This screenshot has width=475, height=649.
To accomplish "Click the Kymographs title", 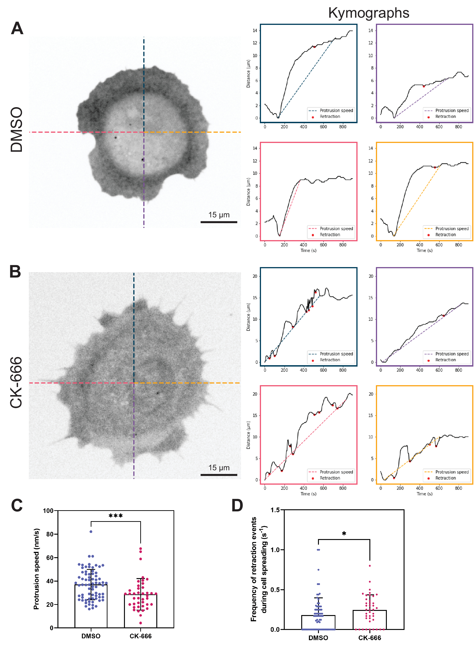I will tap(369, 13).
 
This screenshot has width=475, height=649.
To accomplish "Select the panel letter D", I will tap(237, 506).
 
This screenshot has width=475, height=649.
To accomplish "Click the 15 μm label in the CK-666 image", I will tap(219, 468).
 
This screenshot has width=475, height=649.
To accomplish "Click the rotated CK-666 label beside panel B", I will tap(16, 382).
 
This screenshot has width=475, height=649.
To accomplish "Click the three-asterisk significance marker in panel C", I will tap(116, 516).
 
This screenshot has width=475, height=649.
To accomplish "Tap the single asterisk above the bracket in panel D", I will tap(344, 534).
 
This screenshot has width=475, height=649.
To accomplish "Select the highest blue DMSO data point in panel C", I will tap(91, 531).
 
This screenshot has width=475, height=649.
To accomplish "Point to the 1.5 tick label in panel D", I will tap(275, 510).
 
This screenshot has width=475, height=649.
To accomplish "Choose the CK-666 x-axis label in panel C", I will tap(140, 636).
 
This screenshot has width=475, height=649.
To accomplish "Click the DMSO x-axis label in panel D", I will tap(318, 638).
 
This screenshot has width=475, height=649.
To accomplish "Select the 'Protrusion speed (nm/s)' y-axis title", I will tap(36, 569).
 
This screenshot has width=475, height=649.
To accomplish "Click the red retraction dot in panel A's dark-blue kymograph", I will tap(314, 47).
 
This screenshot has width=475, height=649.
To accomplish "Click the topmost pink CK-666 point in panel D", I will tap(370, 566).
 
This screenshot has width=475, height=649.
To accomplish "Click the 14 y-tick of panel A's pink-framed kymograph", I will tap(255, 148).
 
